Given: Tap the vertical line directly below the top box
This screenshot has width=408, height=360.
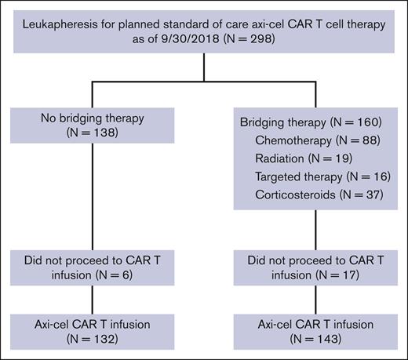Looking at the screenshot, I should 203,67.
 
